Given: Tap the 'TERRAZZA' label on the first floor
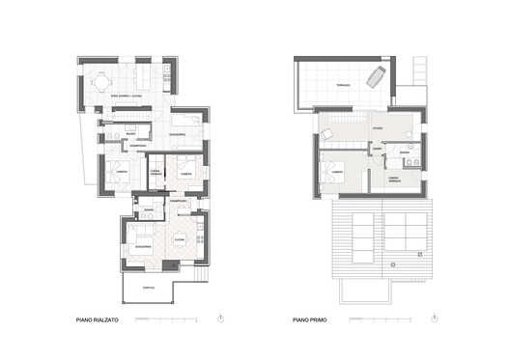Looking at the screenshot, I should (x=336, y=87).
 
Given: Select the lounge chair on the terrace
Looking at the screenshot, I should (x=378, y=75).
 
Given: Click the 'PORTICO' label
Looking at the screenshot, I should (x=148, y=286).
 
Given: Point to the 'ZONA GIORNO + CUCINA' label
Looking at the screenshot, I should (x=127, y=95).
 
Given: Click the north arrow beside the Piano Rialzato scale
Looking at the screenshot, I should (x=221, y=318).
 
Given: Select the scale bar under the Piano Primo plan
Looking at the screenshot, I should (x=385, y=318).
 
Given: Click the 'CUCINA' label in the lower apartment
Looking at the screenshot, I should (x=179, y=239).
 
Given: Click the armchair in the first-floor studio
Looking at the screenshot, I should (x=328, y=130).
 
